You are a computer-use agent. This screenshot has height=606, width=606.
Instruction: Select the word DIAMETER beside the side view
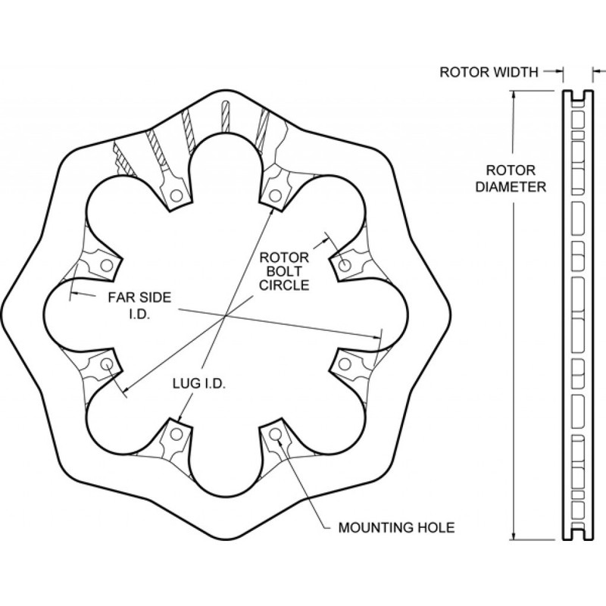click(x=511, y=187)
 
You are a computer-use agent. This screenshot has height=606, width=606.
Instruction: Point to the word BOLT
click(x=284, y=271)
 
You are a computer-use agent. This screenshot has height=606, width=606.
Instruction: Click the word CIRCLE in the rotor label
click(x=284, y=286)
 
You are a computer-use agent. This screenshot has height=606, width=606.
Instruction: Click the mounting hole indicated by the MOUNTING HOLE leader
click(x=275, y=434)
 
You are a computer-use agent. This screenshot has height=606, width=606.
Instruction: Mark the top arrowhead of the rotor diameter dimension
click(x=514, y=95)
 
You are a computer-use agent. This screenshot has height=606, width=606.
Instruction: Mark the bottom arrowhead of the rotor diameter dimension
click(x=514, y=536)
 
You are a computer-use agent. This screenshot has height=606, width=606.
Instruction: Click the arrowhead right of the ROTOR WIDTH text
click(x=558, y=71)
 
